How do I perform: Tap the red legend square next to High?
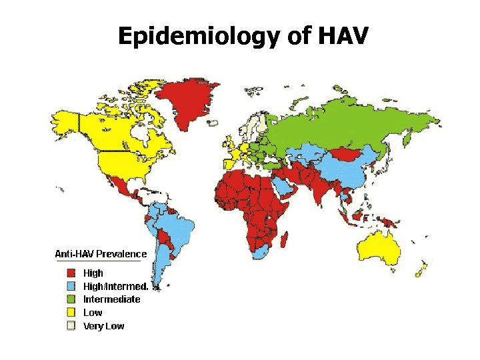pyautogui.click(x=70, y=273)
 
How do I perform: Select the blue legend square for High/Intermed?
pyautogui.click(x=70, y=286)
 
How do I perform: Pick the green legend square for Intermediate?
pyautogui.click(x=70, y=299)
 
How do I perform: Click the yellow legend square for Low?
pyautogui.click(x=70, y=313)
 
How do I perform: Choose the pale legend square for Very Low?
pyautogui.click(x=70, y=326)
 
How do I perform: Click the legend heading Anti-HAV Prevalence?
pyautogui.click(x=100, y=254)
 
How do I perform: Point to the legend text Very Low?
pyautogui.click(x=103, y=326)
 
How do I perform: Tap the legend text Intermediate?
pyautogui.click(x=111, y=299)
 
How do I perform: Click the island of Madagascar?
pyautogui.click(x=286, y=238)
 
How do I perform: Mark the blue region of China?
pyautogui.click(x=350, y=170)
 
